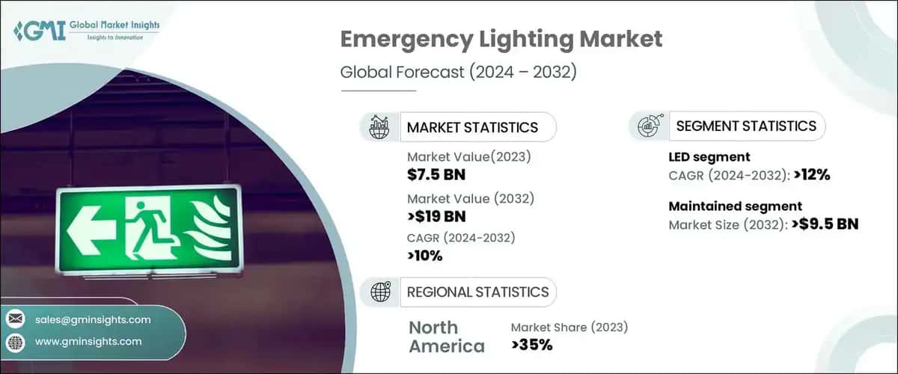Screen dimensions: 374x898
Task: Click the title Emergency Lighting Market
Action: coord(501,39)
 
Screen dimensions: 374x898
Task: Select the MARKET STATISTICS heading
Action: coord(471,127)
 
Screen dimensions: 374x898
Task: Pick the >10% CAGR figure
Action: coord(425,256)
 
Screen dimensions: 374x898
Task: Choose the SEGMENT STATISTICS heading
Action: coord(746,126)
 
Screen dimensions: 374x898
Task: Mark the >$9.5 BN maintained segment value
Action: coord(820,223)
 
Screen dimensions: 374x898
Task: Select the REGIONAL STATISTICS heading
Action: coord(477,292)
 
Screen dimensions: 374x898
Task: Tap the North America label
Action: coord(446,337)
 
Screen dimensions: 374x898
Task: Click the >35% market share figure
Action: coord(532,345)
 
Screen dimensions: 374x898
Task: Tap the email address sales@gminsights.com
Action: coord(93,319)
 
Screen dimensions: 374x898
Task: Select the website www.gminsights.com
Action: coord(88,341)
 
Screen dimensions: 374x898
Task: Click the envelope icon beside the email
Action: coord(15,319)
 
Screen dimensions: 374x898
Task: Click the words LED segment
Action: coord(709,157)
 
